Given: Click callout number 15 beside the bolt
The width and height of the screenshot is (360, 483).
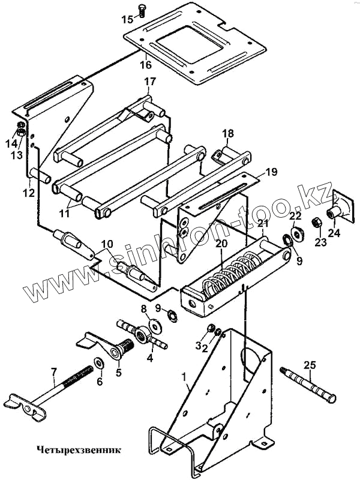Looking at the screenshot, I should (127, 19).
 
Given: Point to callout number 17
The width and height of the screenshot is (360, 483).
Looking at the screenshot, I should (149, 81).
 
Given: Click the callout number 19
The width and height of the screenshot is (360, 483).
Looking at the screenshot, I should (271, 172).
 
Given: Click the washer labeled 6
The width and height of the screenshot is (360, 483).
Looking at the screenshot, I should (98, 364).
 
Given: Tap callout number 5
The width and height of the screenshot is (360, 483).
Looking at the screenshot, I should (117, 372).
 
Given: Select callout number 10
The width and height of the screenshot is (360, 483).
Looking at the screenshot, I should (106, 244).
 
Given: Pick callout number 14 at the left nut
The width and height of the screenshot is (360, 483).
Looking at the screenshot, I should (10, 142).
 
